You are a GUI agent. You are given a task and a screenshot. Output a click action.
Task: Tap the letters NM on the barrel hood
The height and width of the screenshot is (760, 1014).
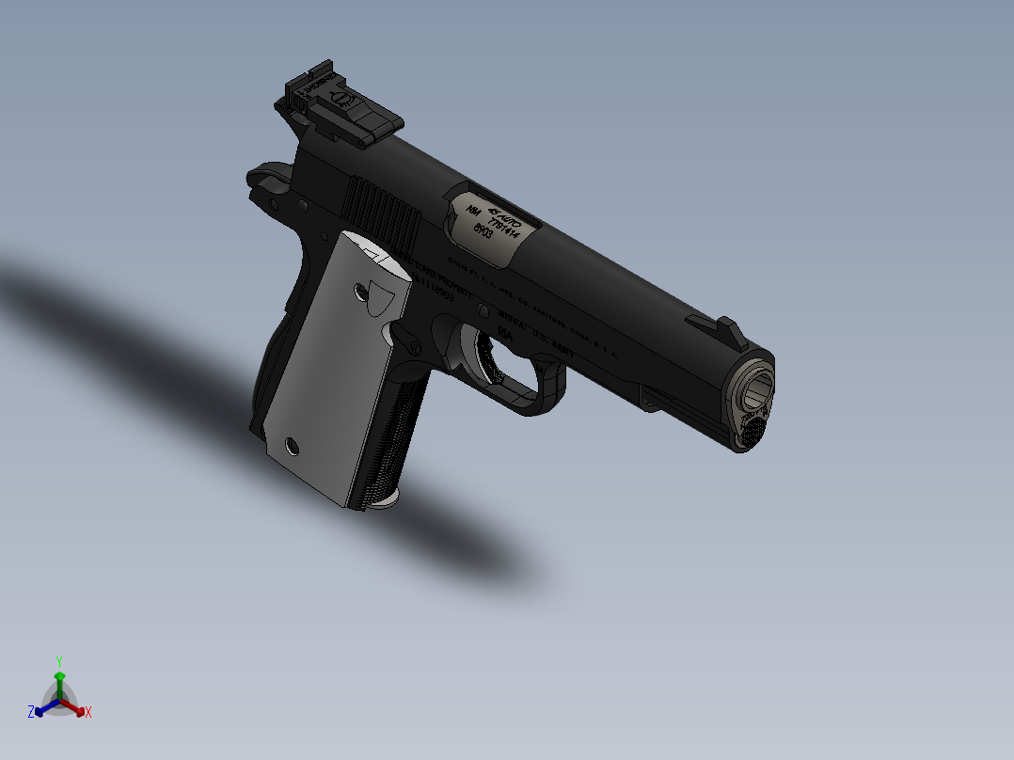[x=473, y=212]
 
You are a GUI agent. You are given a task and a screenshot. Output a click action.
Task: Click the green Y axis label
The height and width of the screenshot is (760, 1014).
[x=59, y=660]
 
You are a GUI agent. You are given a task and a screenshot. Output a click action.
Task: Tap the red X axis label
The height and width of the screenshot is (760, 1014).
[x=88, y=712]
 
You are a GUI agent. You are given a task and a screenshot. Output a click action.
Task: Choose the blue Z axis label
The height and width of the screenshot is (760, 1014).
[x=31, y=712]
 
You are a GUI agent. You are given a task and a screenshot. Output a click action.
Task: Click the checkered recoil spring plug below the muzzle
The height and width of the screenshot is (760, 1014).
[x=753, y=428]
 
